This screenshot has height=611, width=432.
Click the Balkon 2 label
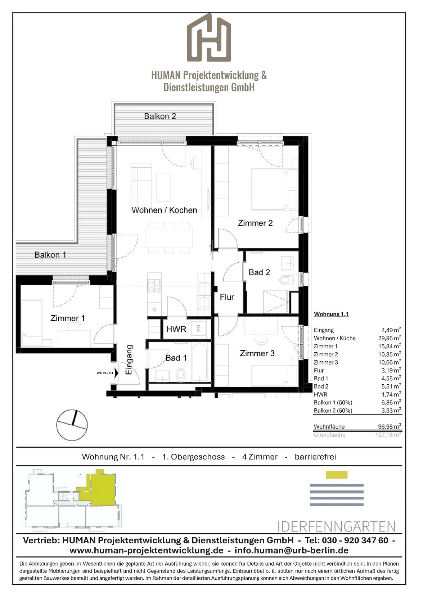point(160,116)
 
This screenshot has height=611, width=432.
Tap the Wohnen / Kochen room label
point(164,210)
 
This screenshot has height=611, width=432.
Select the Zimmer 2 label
point(255,223)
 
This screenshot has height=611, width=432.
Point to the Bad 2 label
point(259,272)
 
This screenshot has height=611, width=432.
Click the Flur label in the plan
point(227,297)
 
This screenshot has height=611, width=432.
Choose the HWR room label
point(176,329)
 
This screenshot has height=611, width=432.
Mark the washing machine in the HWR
point(198,329)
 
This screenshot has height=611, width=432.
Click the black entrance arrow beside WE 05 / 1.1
point(116,372)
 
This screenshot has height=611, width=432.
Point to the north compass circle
point(72,425)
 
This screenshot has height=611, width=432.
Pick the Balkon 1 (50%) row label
point(333,403)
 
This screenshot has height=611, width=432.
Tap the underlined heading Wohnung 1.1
point(331,314)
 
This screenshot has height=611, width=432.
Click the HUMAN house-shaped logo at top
point(209,37)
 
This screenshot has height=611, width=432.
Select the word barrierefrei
point(315,457)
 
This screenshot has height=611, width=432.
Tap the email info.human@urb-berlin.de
point(292,551)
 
